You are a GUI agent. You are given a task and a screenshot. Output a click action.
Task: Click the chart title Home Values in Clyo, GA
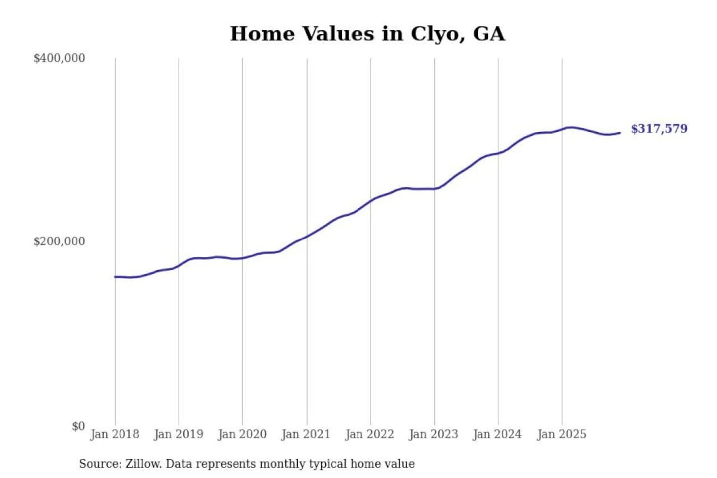tap(367, 34)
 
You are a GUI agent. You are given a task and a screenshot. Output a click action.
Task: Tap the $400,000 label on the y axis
tap(59, 58)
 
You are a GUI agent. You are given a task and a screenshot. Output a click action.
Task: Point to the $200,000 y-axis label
tap(59, 241)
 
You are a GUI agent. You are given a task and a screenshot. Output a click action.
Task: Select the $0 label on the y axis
tap(78, 426)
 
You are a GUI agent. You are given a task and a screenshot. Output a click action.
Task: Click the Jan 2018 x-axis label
tap(115, 434)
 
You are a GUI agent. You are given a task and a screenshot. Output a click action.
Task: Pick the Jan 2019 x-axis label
tap(179, 434)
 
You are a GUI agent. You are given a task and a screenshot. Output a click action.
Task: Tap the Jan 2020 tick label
tap(242, 434)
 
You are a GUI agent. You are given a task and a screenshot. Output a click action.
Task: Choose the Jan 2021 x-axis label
tap(306, 434)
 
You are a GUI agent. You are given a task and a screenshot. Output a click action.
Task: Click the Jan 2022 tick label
tap(369, 434)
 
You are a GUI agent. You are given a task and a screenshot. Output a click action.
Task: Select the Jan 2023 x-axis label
tap(433, 434)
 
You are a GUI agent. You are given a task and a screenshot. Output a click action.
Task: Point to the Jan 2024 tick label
tap(497, 434)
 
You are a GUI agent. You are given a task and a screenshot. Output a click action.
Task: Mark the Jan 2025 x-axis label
tap(561, 434)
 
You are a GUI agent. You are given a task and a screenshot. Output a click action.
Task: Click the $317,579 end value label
tap(659, 129)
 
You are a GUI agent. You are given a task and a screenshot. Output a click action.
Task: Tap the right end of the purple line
tap(620, 133)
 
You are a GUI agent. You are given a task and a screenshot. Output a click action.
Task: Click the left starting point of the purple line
tap(115, 277)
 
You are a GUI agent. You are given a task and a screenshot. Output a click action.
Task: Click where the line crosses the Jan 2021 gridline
tap(307, 236)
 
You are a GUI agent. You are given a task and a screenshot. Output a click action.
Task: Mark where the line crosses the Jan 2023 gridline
tap(434, 189)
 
